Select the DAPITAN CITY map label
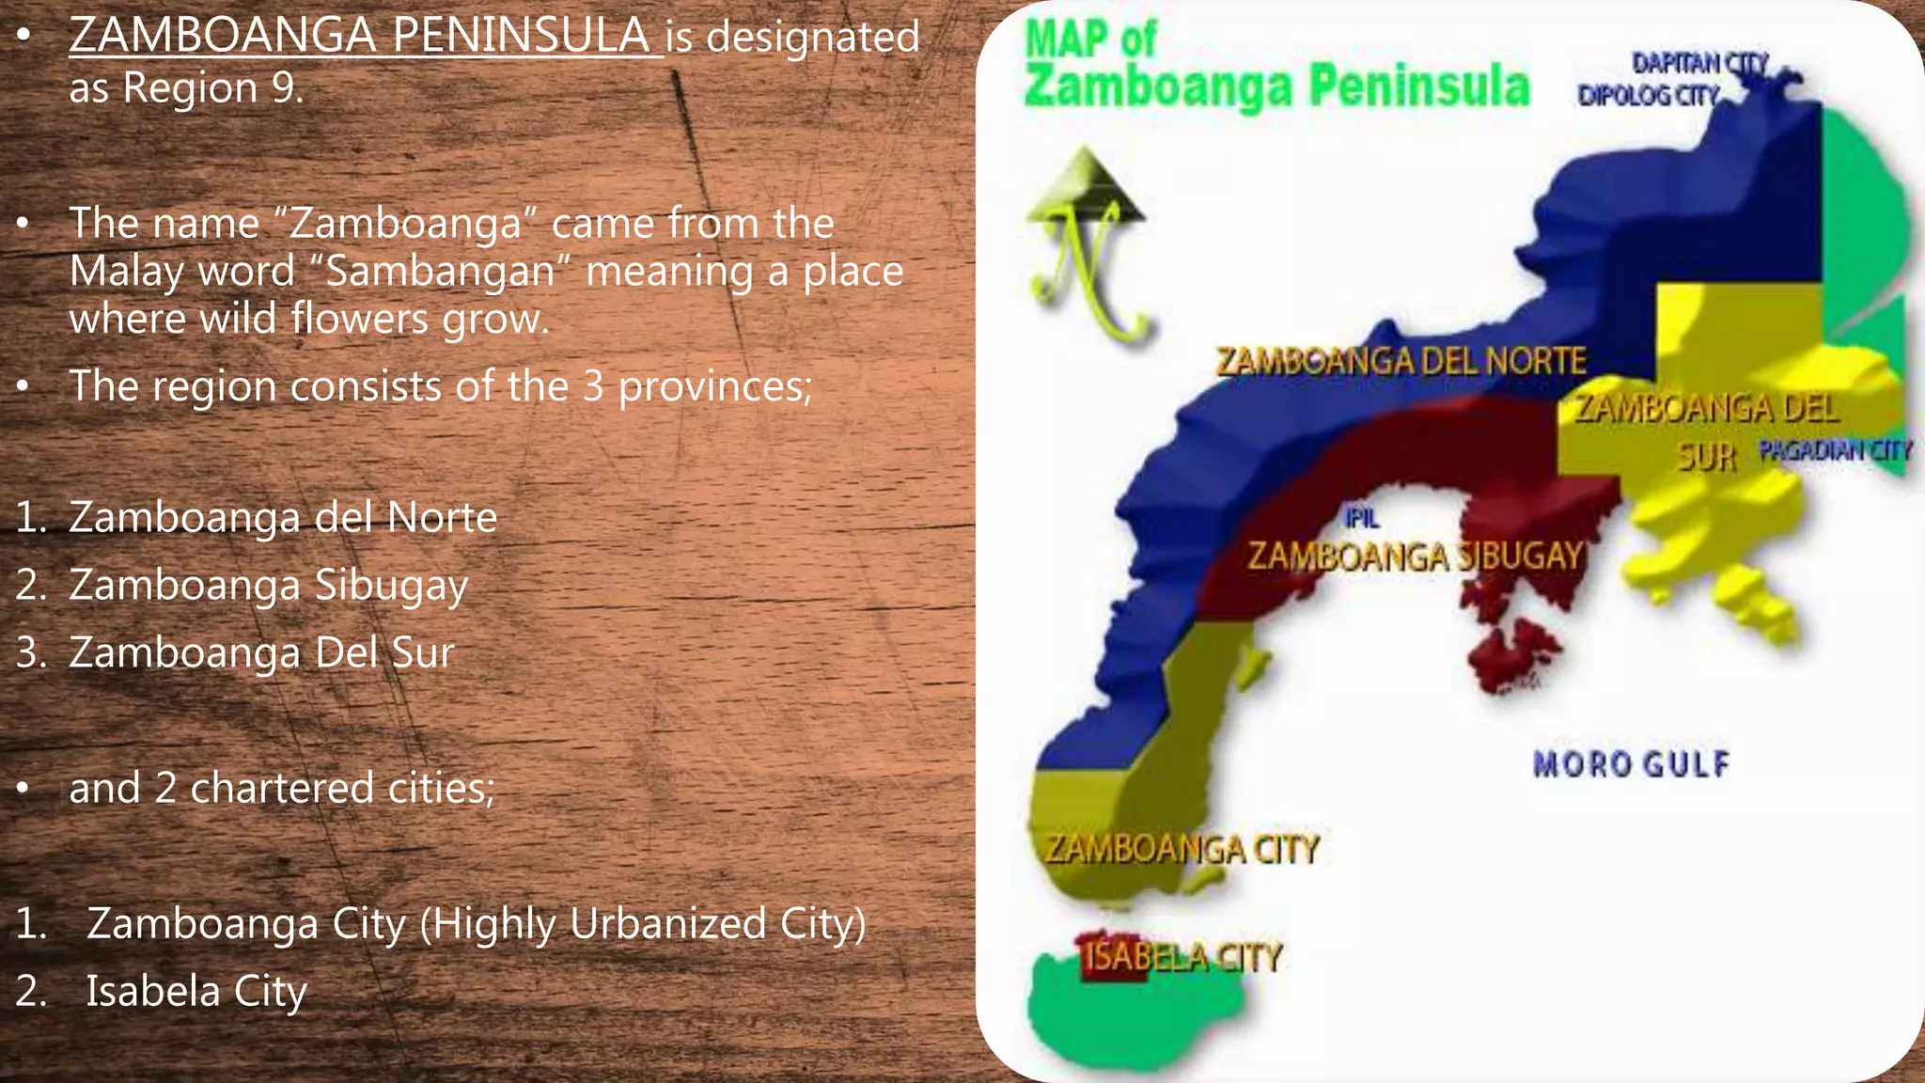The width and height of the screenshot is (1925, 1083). [1700, 63]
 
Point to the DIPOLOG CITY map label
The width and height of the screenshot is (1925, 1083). [1649, 95]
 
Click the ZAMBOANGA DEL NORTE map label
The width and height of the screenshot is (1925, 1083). [1401, 360]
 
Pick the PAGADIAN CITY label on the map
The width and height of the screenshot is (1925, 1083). [1835, 450]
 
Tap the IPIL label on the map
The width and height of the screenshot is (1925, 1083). [1362, 518]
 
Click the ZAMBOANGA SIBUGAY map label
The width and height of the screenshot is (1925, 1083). [1416, 556]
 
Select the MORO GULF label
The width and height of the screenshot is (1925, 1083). [1631, 763]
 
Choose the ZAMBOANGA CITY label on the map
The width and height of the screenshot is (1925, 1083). [1182, 849]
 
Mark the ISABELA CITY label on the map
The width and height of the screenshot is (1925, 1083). [1182, 958]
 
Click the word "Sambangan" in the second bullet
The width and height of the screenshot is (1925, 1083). [440, 272]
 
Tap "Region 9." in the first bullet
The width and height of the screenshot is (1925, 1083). [213, 87]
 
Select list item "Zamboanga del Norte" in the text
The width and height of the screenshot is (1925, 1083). [283, 517]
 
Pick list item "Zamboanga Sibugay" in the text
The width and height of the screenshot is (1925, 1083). [268, 585]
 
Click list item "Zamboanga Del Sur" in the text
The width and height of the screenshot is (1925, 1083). [261, 652]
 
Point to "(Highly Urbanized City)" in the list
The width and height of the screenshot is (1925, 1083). [643, 923]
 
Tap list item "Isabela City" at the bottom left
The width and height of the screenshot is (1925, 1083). [196, 991]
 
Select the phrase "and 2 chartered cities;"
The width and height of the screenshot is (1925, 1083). [281, 788]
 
